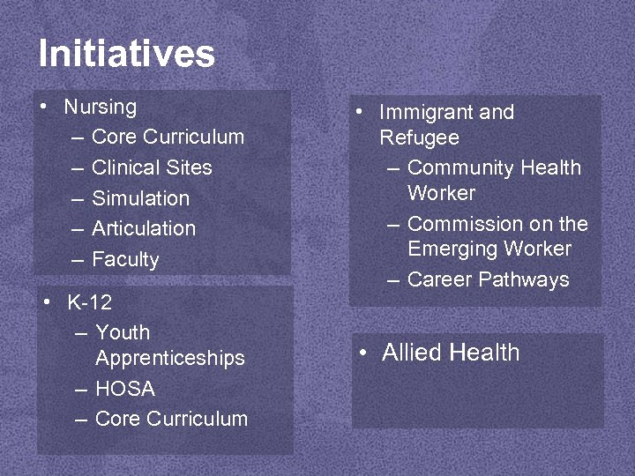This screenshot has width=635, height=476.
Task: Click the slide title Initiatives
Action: coord(126,54)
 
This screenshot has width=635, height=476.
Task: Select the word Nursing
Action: coord(101,108)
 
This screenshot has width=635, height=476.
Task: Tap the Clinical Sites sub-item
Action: coord(152,167)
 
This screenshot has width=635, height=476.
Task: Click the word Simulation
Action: coord(140,198)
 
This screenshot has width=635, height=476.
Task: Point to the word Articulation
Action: coord(144,228)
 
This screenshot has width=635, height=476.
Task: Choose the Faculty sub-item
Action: coord(125,259)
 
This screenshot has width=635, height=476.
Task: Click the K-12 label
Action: coord(90,303)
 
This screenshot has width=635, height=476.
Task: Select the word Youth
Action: coord(123,333)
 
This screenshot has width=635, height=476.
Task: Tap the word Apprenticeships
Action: coord(170,359)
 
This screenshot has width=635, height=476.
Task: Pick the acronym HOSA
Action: coord(124,389)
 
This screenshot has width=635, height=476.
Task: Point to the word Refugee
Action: coord(419,138)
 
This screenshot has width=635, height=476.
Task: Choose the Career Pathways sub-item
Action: coord(488,280)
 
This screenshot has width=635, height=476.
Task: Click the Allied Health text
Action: coord(451,353)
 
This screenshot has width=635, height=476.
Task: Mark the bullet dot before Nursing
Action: coord(43,108)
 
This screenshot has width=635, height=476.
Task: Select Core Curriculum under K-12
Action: coord(171,419)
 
